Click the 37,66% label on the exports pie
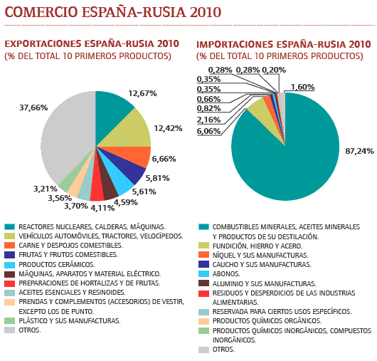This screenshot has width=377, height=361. (33, 108)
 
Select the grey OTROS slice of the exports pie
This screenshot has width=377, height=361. (68, 135)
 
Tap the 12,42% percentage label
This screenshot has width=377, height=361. (168, 128)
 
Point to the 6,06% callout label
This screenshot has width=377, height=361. (208, 131)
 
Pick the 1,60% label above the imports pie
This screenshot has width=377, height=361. (302, 87)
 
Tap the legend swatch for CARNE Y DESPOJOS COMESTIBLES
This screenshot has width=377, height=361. (10, 245)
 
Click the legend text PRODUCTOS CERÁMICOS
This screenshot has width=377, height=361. (57, 264)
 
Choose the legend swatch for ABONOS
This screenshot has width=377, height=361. (204, 274)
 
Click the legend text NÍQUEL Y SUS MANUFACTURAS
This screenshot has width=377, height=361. (260, 255)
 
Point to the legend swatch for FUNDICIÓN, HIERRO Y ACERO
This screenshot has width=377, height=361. (204, 246)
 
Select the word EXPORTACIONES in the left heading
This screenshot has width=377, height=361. (43, 44)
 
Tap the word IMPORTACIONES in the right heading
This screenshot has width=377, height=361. (235, 45)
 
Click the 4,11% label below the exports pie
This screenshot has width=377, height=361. (102, 208)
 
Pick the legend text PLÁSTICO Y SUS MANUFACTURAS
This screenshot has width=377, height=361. (70, 321)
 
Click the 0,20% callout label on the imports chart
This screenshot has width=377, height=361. (274, 70)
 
